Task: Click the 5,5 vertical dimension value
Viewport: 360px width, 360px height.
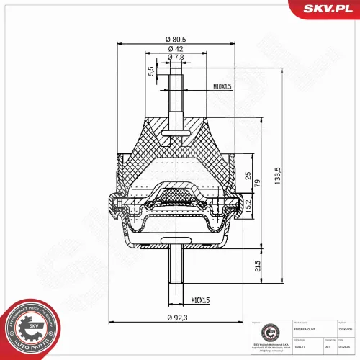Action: point(151,71)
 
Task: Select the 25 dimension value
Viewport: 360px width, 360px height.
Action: point(248,176)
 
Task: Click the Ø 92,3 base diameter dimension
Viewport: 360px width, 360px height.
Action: point(173,317)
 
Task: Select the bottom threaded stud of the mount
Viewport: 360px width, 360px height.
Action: point(174,266)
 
